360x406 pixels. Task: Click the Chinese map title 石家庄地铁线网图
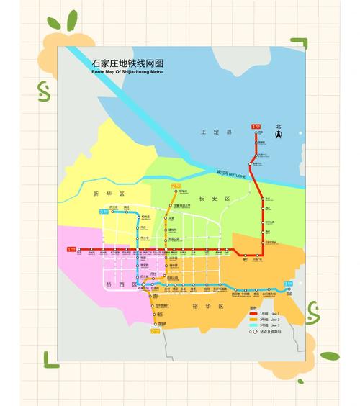click(x=122, y=63)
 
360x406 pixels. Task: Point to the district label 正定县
click(x=215, y=132)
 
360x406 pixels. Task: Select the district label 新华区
click(x=99, y=194)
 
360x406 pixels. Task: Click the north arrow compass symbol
click(x=278, y=132)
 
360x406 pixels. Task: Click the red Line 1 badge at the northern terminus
click(x=256, y=127)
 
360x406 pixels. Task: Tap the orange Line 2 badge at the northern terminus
click(x=175, y=186)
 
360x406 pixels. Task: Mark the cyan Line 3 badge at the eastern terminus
click(x=288, y=284)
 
